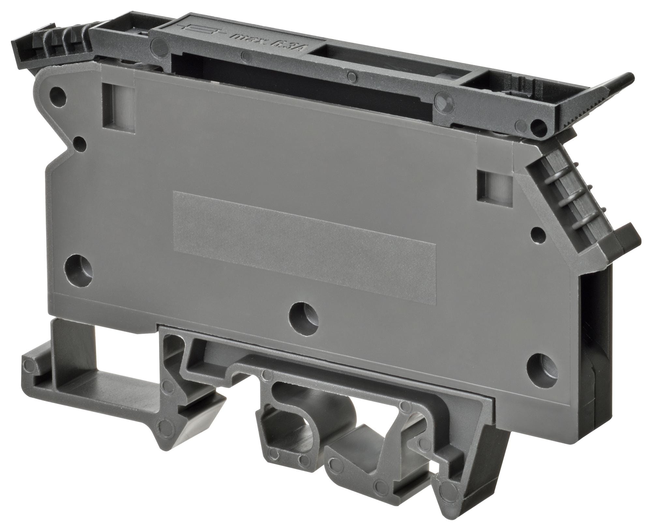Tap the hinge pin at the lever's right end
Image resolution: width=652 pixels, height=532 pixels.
pyautogui.click(x=537, y=124)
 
